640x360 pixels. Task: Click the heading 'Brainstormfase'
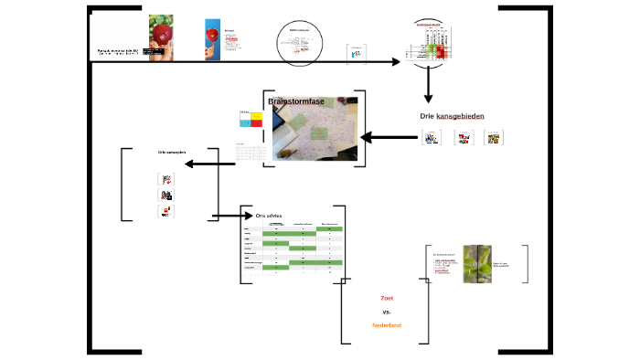point(296,101)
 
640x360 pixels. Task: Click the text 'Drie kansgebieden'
point(452,116)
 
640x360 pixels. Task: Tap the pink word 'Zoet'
point(386,298)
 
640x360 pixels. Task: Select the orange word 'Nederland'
point(386,325)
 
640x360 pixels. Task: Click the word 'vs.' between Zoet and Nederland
point(386,312)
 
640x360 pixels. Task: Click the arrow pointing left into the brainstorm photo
point(389,138)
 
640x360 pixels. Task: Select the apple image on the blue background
point(212,38)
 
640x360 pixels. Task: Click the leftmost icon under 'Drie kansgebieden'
point(431,138)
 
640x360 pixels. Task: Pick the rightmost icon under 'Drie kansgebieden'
point(493,138)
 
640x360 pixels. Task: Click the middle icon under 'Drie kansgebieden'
point(463,138)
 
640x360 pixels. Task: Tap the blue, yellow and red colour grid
point(250,120)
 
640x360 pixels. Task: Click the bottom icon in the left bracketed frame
point(166,211)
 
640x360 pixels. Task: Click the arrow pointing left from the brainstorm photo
point(209,164)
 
